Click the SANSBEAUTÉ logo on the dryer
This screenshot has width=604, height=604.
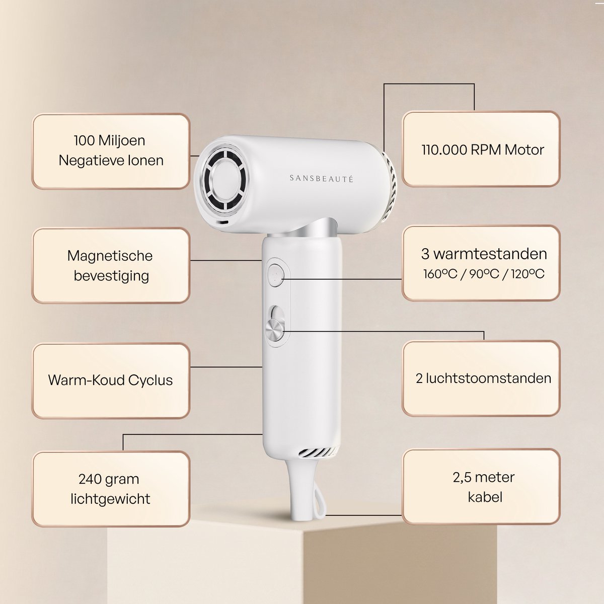tap(321, 179)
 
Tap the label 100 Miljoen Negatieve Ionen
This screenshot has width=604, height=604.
tap(111, 151)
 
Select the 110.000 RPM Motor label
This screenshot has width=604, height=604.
tap(482, 150)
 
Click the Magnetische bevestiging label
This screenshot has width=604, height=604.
tap(111, 265)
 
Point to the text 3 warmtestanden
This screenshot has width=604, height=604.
tap(484, 254)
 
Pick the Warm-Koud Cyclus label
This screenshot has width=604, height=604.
tap(110, 380)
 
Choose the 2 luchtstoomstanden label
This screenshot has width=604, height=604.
tap(483, 379)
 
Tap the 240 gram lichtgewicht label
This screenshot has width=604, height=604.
tap(110, 489)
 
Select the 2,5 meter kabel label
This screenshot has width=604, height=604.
tap(484, 487)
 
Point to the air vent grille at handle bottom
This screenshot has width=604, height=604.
tap(317, 452)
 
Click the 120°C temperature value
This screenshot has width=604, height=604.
tap(528, 274)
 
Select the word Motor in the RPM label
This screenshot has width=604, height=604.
tap(524, 150)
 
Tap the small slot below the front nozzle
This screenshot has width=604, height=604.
tap(223, 222)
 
